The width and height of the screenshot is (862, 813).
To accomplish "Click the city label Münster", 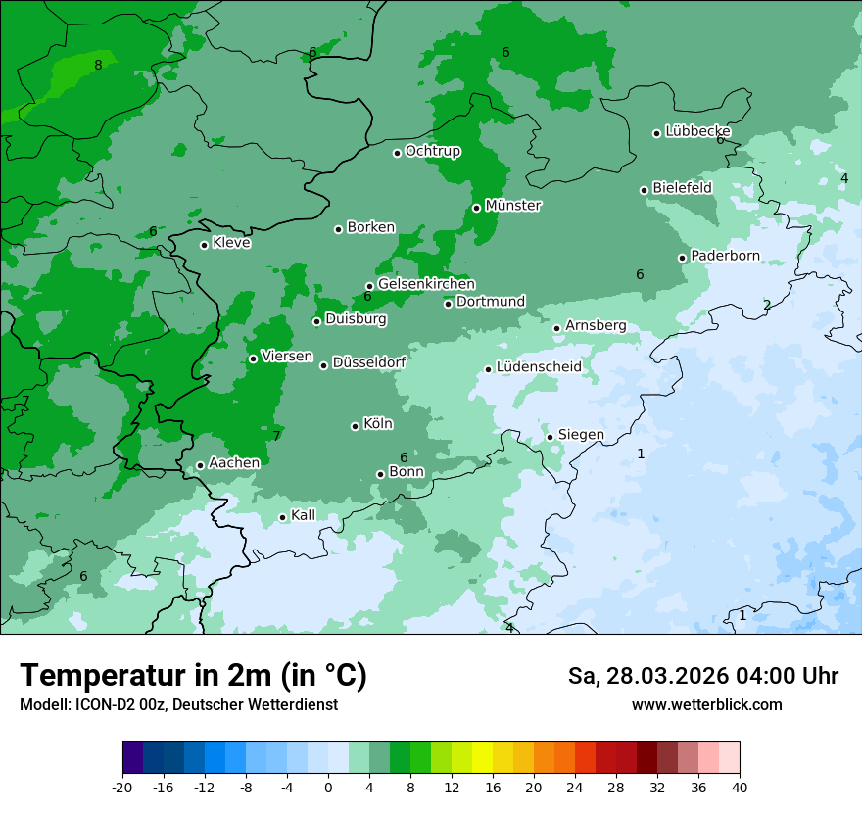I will click(x=512, y=206).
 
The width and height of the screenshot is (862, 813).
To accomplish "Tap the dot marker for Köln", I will click(x=355, y=426).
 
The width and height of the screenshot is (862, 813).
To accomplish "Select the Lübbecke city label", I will click(x=697, y=131).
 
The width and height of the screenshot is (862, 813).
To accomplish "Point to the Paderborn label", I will click(x=725, y=256).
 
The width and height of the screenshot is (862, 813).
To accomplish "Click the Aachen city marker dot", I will click(x=200, y=466).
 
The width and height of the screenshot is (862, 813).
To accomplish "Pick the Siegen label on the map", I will click(x=581, y=435).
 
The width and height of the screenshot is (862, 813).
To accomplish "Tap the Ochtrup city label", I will click(x=432, y=151).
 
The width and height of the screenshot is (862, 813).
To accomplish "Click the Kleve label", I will click(x=231, y=243).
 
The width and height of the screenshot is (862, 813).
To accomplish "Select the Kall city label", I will click(x=304, y=515).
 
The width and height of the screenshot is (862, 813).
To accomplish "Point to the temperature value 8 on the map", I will click(x=98, y=66).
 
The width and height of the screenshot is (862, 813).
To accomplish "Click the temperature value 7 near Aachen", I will click(x=276, y=436).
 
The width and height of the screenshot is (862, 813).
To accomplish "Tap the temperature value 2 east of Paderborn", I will click(x=767, y=305).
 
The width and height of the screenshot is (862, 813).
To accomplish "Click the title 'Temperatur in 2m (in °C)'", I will click(x=193, y=676).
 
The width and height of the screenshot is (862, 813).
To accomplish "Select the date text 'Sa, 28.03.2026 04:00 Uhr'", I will click(x=702, y=676).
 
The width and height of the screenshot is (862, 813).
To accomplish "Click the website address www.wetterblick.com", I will click(x=706, y=704).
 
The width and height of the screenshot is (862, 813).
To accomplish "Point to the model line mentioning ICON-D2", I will click(x=178, y=704).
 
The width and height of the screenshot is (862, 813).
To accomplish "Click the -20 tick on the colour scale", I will click(x=122, y=787).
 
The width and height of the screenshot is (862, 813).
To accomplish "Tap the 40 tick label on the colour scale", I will click(x=739, y=787).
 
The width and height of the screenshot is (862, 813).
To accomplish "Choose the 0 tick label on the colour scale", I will click(x=328, y=787).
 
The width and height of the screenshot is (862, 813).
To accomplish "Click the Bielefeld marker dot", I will click(x=644, y=190).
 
